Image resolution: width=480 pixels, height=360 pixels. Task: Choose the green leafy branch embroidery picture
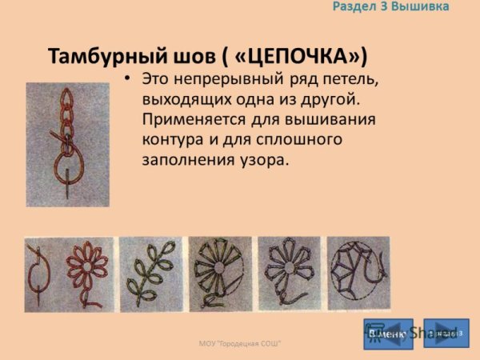[152, 274]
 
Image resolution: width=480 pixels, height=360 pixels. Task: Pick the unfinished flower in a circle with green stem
[220, 274]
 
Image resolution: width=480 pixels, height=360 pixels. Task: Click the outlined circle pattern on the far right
[358, 274]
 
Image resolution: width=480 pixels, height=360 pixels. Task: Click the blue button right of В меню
[446, 333]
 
